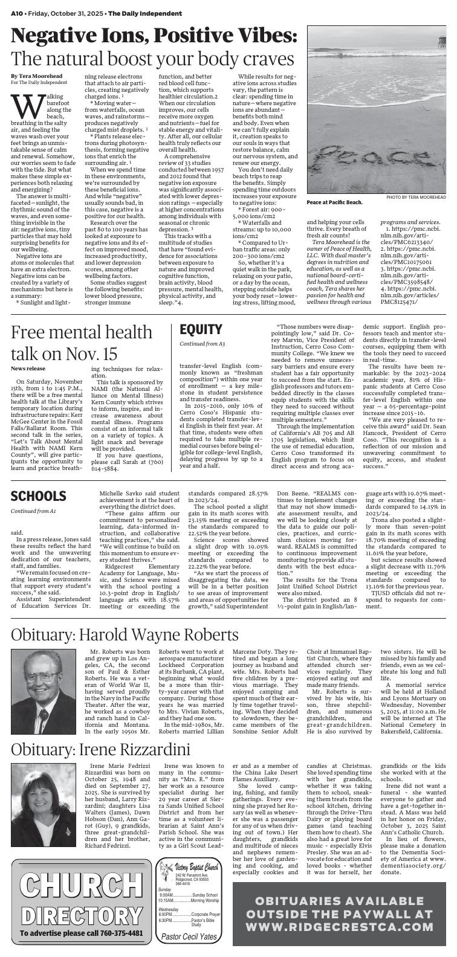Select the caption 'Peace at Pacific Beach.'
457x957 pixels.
tap(334, 202)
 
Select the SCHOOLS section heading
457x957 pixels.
tap(38, 496)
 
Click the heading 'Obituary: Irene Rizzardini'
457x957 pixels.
tap(100, 750)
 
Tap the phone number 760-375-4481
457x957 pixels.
tap(122, 933)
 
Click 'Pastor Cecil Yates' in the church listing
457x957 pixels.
tap(188, 936)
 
